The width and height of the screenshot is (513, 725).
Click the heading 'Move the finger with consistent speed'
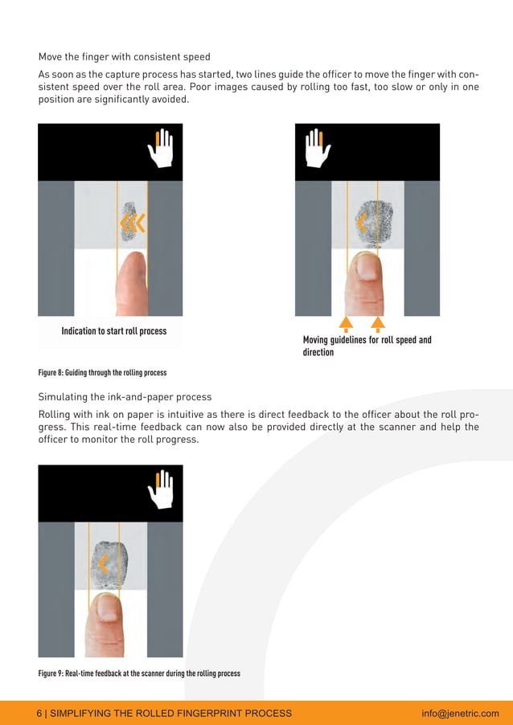tap(125, 57)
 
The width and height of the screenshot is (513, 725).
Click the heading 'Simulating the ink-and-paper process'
tap(125, 397)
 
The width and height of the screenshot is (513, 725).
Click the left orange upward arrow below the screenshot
tap(346, 324)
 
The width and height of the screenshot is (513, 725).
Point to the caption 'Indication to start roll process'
tap(114, 331)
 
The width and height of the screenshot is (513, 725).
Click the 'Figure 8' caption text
tap(102, 372)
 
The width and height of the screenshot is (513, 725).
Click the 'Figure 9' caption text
tap(139, 673)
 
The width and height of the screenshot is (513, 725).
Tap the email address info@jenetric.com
tap(460, 713)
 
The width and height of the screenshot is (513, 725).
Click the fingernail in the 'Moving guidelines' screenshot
tap(367, 268)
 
